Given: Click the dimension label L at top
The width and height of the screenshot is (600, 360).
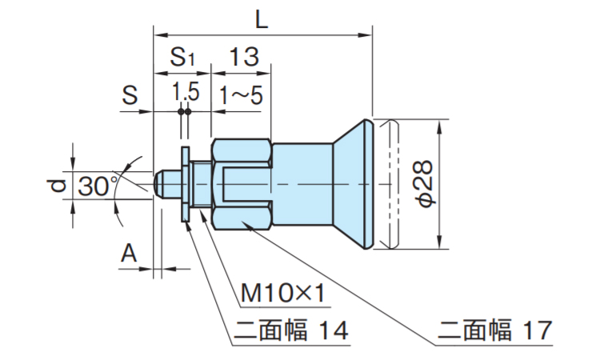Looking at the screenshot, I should point(262,18).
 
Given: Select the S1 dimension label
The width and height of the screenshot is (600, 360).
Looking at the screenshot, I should point(182,57).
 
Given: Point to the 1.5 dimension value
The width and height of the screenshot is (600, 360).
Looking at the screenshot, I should point(185,93).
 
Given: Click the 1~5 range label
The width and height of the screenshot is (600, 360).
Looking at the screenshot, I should point(241,95).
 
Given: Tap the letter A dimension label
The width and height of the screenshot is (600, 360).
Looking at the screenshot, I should point(129,254).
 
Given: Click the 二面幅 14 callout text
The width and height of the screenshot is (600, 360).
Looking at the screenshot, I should point(291,330).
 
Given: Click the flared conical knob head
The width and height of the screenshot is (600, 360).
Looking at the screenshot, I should point(353,185).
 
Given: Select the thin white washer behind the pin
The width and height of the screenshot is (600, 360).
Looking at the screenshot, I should point(185,185).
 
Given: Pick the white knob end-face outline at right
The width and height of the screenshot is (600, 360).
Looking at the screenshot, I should point(387,185).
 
